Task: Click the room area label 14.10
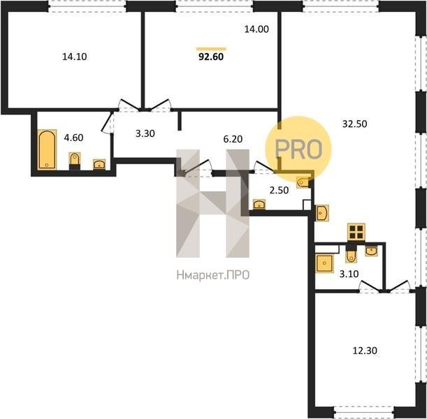click(75, 57)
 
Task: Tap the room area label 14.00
click(256, 29)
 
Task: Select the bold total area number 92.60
click(211, 57)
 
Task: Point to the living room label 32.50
click(354, 124)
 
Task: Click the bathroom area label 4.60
click(73, 138)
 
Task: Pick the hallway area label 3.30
click(145, 133)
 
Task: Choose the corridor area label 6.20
click(233, 139)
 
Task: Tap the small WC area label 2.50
click(279, 190)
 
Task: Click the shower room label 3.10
click(349, 274)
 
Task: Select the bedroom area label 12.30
click(365, 351)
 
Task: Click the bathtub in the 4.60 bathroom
click(47, 149)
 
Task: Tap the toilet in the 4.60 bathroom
click(75, 161)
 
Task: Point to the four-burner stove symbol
click(356, 232)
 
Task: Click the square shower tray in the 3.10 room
click(324, 263)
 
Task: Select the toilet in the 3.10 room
click(351, 254)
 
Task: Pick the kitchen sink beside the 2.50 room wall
click(322, 213)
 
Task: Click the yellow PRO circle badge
click(298, 149)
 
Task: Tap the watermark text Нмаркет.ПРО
click(213, 275)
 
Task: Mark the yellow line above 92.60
click(211, 49)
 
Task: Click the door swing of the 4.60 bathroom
click(107, 123)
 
